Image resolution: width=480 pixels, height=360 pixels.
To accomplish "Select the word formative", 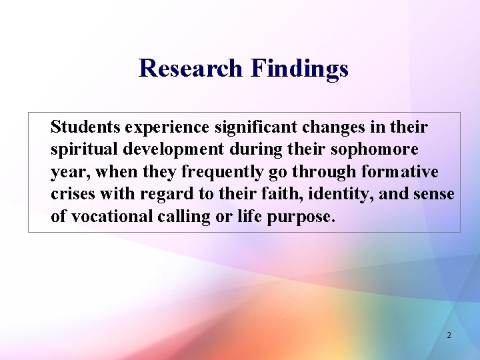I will pyautogui.click(x=399, y=172).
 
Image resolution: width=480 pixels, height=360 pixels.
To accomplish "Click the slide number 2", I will pyautogui.click(x=449, y=335).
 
